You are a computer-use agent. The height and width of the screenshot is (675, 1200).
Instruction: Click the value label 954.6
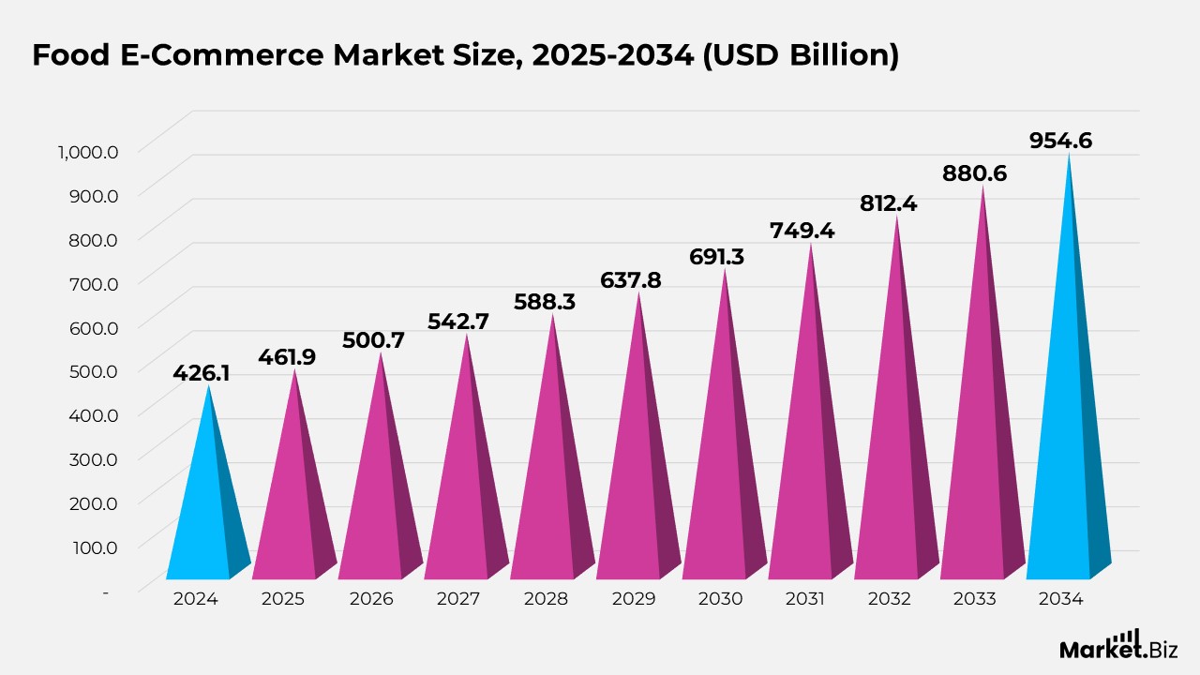(x=1060, y=141)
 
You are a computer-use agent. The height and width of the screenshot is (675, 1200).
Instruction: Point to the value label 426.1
(x=201, y=373)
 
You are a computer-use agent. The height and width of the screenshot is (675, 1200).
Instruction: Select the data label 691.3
(x=716, y=256)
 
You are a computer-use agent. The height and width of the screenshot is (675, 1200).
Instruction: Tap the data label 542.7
(x=457, y=321)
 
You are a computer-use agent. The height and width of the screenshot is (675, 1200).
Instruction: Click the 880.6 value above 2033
(x=975, y=173)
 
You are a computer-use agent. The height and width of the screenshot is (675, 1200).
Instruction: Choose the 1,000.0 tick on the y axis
(x=87, y=151)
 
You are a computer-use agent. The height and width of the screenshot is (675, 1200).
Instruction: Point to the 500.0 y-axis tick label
(x=94, y=370)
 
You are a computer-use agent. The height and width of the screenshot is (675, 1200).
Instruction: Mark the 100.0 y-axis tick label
(x=94, y=546)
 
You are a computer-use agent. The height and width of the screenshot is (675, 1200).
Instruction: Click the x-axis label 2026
(x=370, y=598)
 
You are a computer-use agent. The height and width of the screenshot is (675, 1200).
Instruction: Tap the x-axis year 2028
(x=544, y=598)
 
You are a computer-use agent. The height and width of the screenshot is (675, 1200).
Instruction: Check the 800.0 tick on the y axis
(x=94, y=239)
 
